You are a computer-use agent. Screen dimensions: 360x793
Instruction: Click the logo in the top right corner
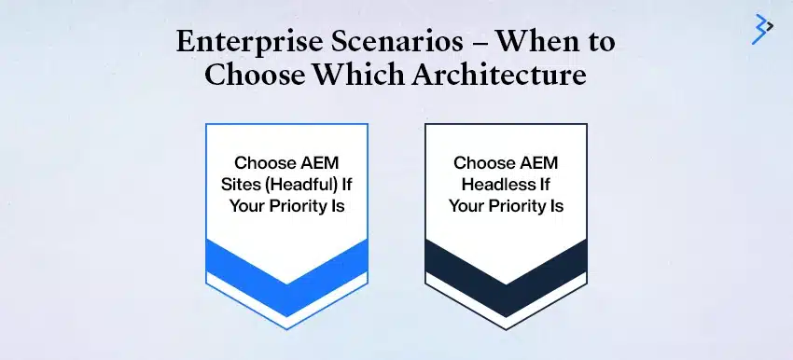point(762,28)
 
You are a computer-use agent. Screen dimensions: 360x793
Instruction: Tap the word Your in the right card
point(466,205)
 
